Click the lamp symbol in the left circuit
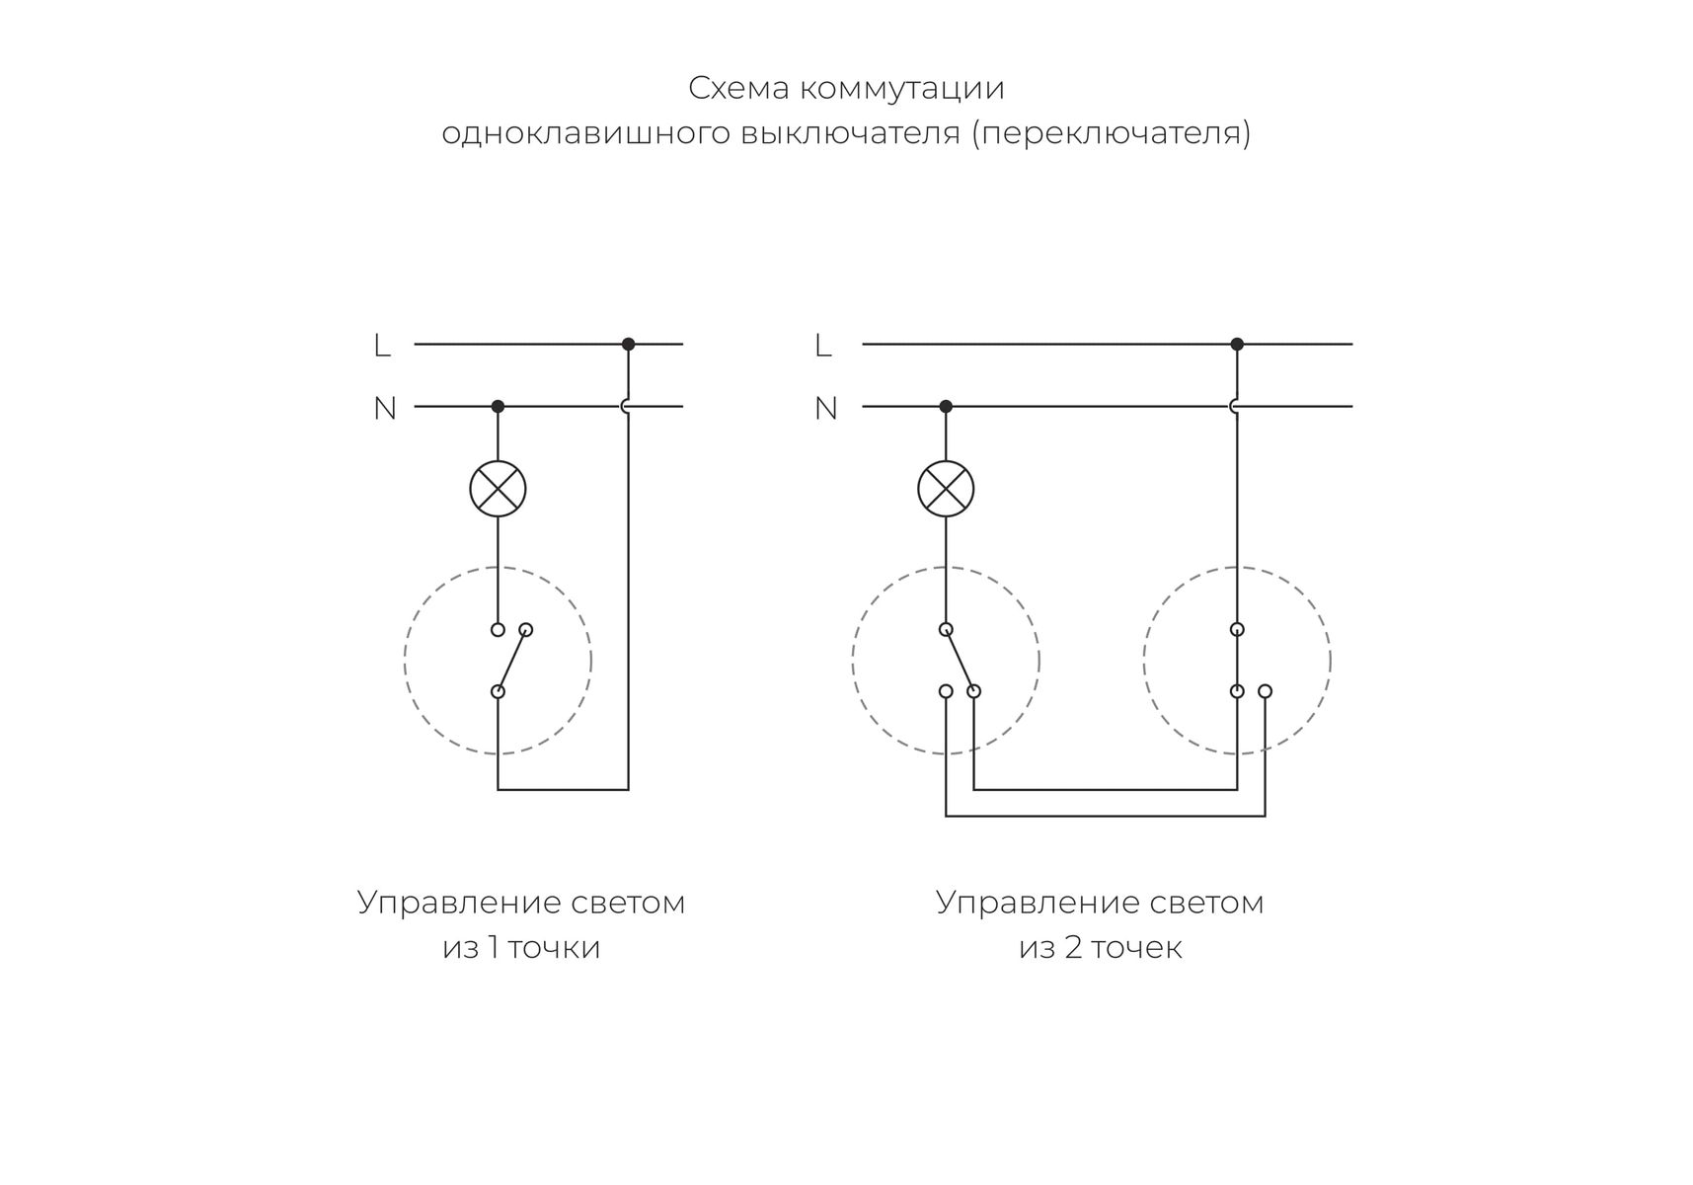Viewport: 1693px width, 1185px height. pos(498,489)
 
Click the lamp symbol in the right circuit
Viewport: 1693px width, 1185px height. pos(946,489)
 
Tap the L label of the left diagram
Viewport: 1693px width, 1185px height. pos(382,346)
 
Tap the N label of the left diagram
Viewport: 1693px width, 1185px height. pos(384,408)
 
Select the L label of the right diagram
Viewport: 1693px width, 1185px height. pos(823,346)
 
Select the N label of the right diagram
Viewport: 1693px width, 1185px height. pos(825,408)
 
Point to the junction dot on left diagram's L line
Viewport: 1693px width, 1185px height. pos(628,345)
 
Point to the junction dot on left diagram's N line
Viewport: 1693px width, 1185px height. pos(498,406)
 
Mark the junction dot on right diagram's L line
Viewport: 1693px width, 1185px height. pos(1237,345)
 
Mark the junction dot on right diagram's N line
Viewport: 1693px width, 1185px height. pos(946,406)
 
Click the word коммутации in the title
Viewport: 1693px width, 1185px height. pos(902,89)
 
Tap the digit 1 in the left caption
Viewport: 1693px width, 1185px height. pos(494,947)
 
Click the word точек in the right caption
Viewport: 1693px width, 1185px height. pos(1136,947)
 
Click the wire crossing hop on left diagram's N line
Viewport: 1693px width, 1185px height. pos(626,406)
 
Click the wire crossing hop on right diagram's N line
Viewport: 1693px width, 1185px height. pos(1234,406)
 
